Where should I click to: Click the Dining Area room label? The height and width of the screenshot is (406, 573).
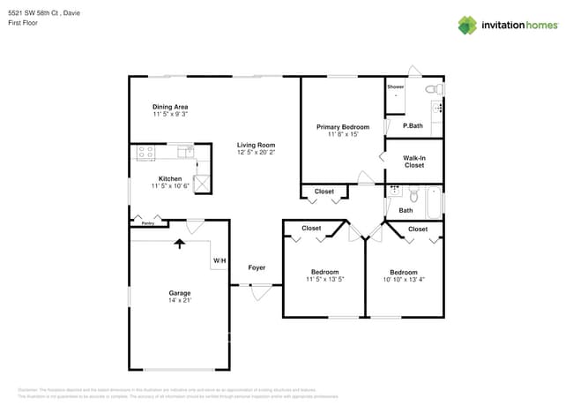[x=170, y=107]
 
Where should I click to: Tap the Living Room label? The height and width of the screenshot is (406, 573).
[x=256, y=145]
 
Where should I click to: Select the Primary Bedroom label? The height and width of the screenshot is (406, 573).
[x=343, y=127]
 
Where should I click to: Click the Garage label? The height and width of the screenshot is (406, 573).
[x=180, y=293]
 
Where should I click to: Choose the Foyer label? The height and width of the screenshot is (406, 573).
[x=257, y=267]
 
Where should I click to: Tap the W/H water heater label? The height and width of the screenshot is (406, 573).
[x=219, y=260]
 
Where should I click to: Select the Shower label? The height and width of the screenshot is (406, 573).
[x=396, y=87]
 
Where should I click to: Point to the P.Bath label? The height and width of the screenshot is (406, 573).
[x=413, y=126]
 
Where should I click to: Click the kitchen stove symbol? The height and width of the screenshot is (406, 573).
[x=145, y=153]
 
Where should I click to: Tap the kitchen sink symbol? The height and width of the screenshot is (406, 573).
[x=185, y=152]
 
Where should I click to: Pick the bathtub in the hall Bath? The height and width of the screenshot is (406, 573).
[x=433, y=202]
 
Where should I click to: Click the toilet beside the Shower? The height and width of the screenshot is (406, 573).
[x=432, y=89]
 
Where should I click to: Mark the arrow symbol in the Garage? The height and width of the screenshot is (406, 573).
[x=180, y=243]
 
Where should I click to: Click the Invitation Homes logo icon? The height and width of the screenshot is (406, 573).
[x=467, y=25]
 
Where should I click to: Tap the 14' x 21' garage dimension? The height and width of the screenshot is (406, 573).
[x=180, y=301]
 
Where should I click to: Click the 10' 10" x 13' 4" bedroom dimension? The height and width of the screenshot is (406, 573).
[x=404, y=280]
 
